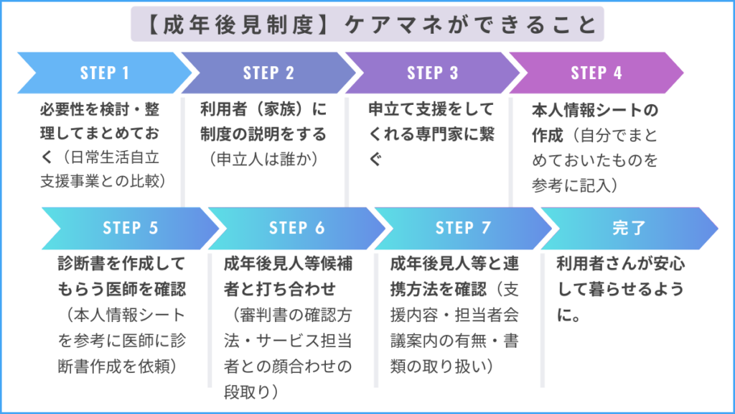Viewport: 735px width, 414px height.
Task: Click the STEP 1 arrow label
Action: pos(105,73)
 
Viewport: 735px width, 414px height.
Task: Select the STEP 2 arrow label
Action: pos(268,73)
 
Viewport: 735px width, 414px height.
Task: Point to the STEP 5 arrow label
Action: pos(130,228)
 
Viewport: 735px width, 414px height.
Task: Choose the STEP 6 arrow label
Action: pos(297,228)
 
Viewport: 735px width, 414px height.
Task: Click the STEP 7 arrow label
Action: pos(463,228)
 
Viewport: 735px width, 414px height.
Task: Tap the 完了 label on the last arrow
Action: pos(629,228)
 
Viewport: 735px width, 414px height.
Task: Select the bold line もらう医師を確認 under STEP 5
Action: pos(121,288)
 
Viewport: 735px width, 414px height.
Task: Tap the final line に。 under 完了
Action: pos(569,315)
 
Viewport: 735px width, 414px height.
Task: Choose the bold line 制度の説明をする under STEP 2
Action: pos(263,134)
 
